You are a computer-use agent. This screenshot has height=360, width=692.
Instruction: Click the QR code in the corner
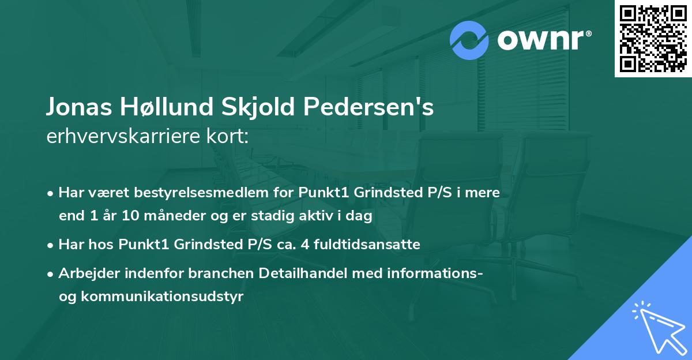[653, 39]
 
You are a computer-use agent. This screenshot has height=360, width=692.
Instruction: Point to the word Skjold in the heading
[252, 108]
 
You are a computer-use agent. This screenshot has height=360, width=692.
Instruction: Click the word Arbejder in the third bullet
[87, 273]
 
